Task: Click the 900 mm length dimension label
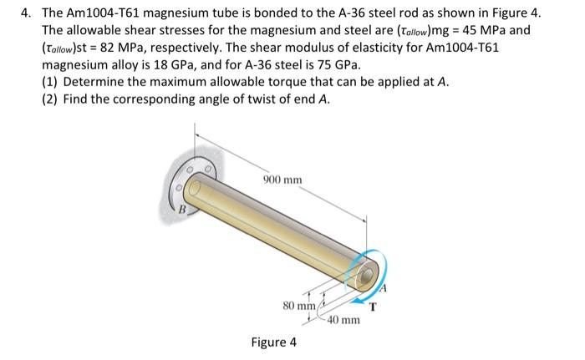[x=282, y=180]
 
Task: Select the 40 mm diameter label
[x=343, y=320]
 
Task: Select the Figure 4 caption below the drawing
[x=274, y=342]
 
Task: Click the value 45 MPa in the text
[x=493, y=31]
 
